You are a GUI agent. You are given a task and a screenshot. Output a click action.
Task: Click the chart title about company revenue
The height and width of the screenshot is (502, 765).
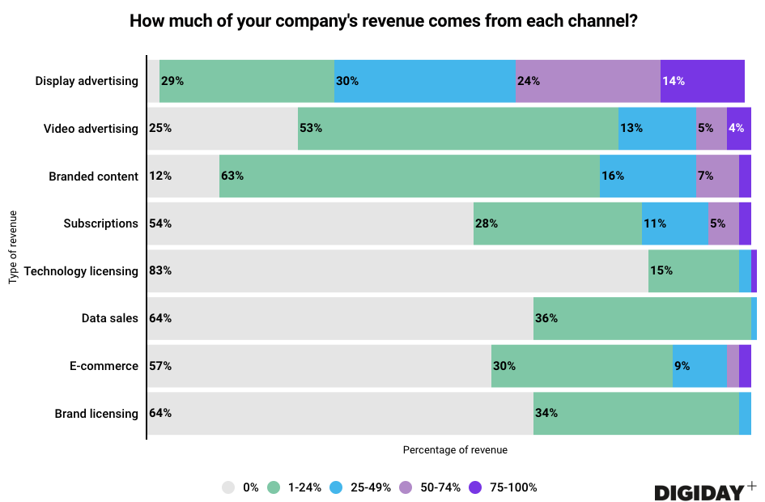(x=383, y=22)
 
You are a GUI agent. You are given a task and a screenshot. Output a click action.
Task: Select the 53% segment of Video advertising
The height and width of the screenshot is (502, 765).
(x=457, y=128)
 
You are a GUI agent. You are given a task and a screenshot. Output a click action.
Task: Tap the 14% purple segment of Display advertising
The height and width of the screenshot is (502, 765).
(x=702, y=81)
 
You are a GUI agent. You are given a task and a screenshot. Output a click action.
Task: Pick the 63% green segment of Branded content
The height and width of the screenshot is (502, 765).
(x=409, y=176)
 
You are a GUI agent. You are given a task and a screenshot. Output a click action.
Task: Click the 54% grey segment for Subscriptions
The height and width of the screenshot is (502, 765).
(x=310, y=223)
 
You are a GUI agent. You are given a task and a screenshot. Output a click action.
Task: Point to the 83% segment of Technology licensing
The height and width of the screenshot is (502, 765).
(x=397, y=270)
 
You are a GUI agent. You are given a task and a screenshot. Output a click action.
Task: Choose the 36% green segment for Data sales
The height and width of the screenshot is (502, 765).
(x=642, y=318)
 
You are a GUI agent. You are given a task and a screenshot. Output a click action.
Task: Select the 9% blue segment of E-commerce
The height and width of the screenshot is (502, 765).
(x=699, y=366)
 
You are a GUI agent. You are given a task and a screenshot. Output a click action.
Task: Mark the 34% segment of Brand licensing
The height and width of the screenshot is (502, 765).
(x=636, y=413)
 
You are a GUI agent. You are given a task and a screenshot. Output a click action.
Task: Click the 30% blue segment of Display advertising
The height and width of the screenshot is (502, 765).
(x=425, y=81)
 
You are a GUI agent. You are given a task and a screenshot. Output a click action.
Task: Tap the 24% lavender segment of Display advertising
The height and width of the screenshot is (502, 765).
(x=588, y=81)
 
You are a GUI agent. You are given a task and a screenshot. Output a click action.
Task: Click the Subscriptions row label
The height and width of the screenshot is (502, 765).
(x=100, y=223)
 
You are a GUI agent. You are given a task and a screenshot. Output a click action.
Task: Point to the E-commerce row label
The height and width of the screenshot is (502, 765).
(x=104, y=366)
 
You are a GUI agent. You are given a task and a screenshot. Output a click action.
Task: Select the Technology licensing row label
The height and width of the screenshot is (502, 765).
(x=81, y=270)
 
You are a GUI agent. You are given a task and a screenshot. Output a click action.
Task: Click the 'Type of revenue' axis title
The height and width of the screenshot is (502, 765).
(x=13, y=247)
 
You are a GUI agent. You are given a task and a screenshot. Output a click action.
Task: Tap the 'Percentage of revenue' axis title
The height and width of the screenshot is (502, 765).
(x=455, y=449)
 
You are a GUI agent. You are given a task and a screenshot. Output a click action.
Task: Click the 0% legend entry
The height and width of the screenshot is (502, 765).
(x=240, y=487)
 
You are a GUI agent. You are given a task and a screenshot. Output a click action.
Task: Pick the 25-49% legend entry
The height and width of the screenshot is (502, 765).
(x=361, y=487)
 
